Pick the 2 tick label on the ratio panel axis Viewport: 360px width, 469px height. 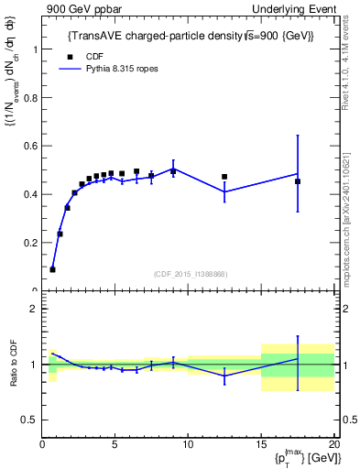(34, 310)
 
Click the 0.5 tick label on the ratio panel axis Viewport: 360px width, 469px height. (29, 420)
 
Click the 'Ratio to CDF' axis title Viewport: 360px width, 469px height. (14, 365)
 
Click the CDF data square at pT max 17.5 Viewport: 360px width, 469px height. (298, 181)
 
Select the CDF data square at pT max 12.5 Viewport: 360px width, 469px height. (224, 177)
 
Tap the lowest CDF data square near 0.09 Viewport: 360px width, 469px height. (52, 269)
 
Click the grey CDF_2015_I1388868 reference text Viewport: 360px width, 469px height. (190, 275)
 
